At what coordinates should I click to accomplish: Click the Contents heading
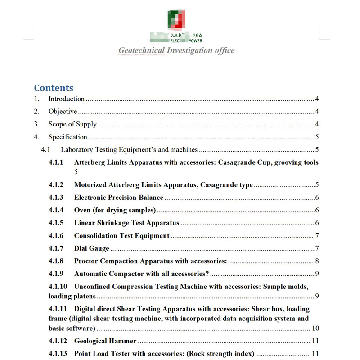(54, 88)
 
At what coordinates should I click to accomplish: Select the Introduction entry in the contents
(67, 99)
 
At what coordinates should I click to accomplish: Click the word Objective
(63, 112)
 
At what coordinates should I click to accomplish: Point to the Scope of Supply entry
(72, 124)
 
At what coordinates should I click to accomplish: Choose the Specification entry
(68, 137)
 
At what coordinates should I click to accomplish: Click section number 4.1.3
(56, 197)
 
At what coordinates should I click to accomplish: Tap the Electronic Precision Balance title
(119, 197)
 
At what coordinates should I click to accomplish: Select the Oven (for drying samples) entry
(115, 210)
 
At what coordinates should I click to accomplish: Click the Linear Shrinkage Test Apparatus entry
(126, 223)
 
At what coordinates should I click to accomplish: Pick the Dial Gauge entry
(92, 248)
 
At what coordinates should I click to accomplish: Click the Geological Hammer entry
(105, 341)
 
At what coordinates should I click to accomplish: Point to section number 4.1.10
(58, 286)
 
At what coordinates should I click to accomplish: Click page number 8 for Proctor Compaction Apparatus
(317, 261)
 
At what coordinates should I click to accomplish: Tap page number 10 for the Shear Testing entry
(315, 328)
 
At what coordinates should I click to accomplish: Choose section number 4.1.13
(58, 354)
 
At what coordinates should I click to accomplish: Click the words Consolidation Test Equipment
(121, 235)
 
